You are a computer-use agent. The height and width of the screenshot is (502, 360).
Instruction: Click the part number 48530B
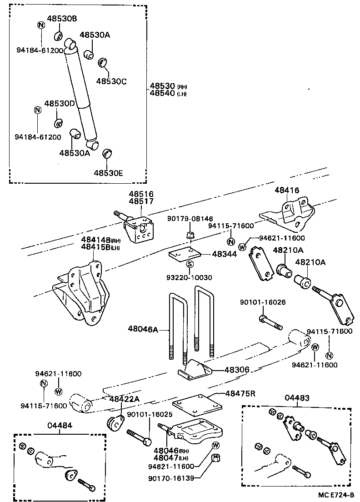click(x=62, y=18)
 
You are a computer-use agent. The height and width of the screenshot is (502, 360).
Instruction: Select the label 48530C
click(x=111, y=81)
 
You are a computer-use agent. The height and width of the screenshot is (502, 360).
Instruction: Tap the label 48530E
click(x=109, y=173)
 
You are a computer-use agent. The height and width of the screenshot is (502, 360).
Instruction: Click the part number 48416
click(x=287, y=191)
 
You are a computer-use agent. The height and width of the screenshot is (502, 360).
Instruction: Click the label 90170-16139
click(x=171, y=478)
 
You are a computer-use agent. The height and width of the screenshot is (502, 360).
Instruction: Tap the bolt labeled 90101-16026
click(x=271, y=323)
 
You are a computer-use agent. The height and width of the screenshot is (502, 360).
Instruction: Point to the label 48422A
click(x=124, y=399)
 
